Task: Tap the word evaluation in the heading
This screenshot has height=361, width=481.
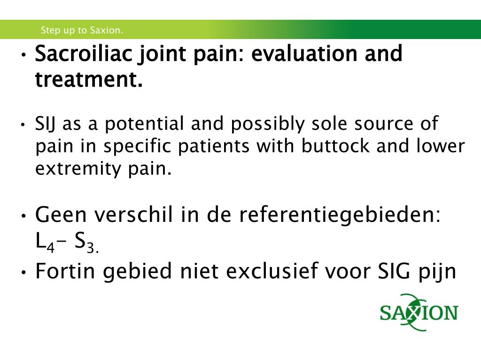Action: (301, 54)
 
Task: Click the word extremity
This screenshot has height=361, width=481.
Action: (75, 168)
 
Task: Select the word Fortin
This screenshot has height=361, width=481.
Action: (65, 271)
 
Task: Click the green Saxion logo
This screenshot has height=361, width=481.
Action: (419, 312)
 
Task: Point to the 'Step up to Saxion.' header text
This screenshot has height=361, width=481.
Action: (82, 31)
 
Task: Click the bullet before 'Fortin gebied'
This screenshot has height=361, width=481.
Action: (23, 273)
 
